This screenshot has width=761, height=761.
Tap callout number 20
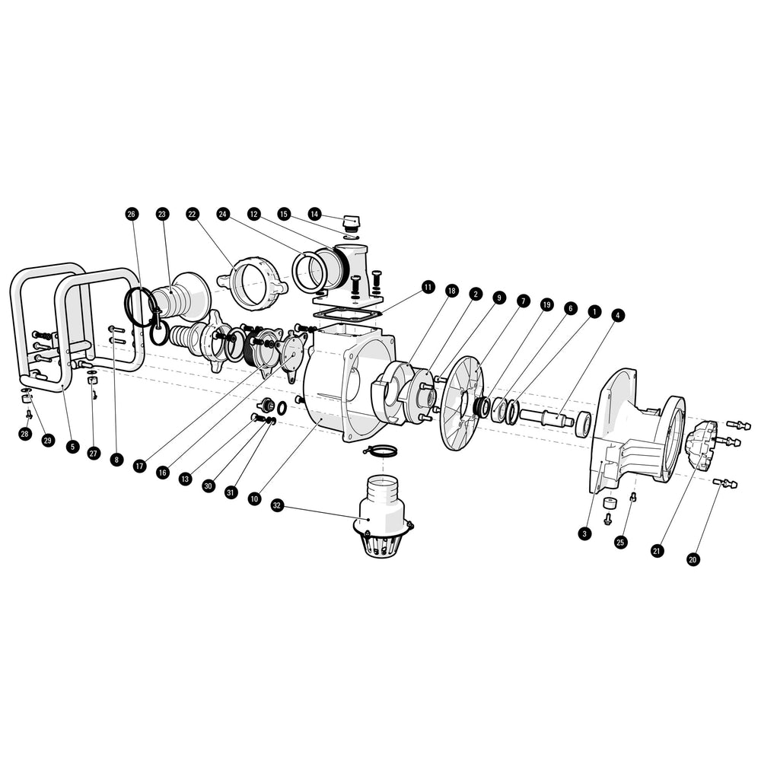pyautogui.click(x=693, y=559)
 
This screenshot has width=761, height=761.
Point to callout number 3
pyautogui.click(x=584, y=534)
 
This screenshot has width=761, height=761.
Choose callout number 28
pyautogui.click(x=24, y=434)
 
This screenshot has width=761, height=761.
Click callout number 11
pyautogui.click(x=428, y=287)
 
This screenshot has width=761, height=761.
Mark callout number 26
pyautogui.click(x=131, y=215)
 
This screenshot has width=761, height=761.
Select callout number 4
pyautogui.click(x=616, y=314)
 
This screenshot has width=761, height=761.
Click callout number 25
pyautogui.click(x=620, y=542)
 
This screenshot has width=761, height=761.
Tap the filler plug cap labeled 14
pyautogui.click(x=351, y=221)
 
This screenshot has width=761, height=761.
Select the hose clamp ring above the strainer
pyautogui.click(x=381, y=452)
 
